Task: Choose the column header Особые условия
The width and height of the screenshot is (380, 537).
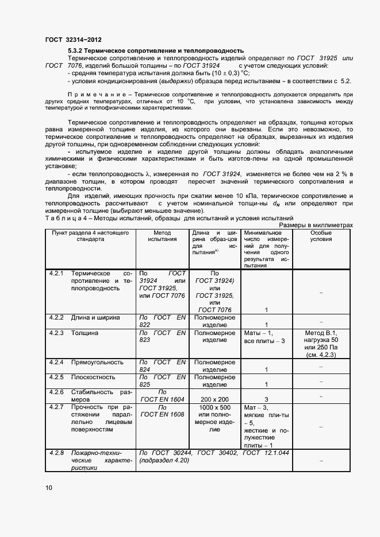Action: (x=321, y=236)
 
